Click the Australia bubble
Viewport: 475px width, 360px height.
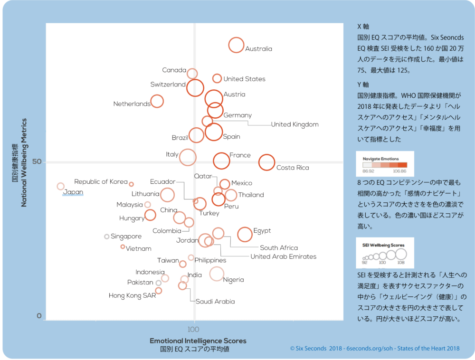236,45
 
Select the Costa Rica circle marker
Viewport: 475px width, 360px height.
266,162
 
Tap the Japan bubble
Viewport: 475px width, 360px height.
60,187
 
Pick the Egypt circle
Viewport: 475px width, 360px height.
245,234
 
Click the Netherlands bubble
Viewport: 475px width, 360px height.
157,101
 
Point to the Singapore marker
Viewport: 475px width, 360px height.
107,237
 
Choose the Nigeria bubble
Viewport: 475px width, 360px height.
217,274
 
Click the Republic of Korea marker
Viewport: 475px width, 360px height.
132,184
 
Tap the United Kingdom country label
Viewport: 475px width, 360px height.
294,124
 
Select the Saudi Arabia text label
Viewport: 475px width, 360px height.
215,302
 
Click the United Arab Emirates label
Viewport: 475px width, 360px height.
283,256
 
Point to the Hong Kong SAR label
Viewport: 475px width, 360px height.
132,296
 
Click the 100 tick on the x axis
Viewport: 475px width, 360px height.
193,329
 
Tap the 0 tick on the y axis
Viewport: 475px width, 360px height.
39,316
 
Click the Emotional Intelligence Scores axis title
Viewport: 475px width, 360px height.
198,341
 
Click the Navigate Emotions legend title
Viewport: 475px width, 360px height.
380,159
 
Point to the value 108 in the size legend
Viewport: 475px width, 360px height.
401,262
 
